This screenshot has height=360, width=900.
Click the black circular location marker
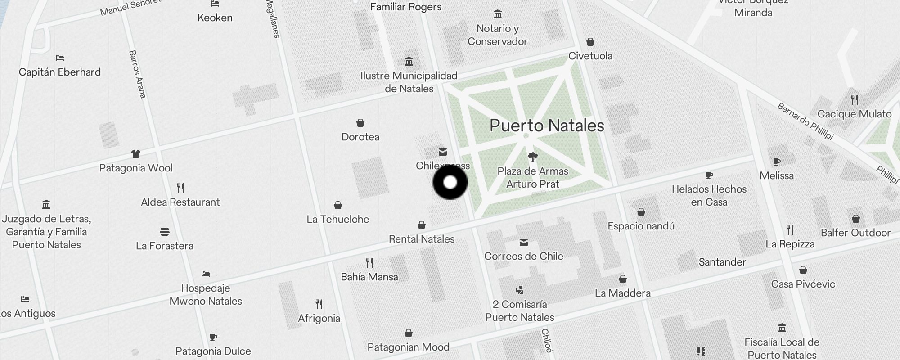[450, 182]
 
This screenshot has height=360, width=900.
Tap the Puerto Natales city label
[547, 126]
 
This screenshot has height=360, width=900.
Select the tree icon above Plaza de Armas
[533, 157]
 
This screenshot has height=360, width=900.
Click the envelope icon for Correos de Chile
[524, 243]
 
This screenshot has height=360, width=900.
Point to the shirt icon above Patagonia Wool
[135, 154]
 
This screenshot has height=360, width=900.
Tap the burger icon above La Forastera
[165, 232]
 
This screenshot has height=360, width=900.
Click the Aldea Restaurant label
[180, 202]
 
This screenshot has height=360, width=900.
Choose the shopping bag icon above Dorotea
[360, 123]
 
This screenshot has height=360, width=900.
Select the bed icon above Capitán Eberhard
[60, 58]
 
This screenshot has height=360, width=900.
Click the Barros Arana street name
[138, 74]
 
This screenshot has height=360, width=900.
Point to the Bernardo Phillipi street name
[805, 121]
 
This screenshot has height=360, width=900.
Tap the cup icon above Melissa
[776, 162]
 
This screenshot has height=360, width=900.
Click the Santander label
[722, 262]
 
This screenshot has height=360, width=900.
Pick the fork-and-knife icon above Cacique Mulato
[855, 99]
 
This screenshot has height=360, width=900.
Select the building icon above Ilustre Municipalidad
[409, 61]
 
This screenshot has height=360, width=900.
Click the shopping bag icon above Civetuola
[590, 42]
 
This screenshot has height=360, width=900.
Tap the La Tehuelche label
[338, 219]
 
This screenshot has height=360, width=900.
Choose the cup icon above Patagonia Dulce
[213, 337]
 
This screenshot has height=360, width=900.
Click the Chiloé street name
[547, 340]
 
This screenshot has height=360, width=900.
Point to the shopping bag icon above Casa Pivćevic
[803, 270]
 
